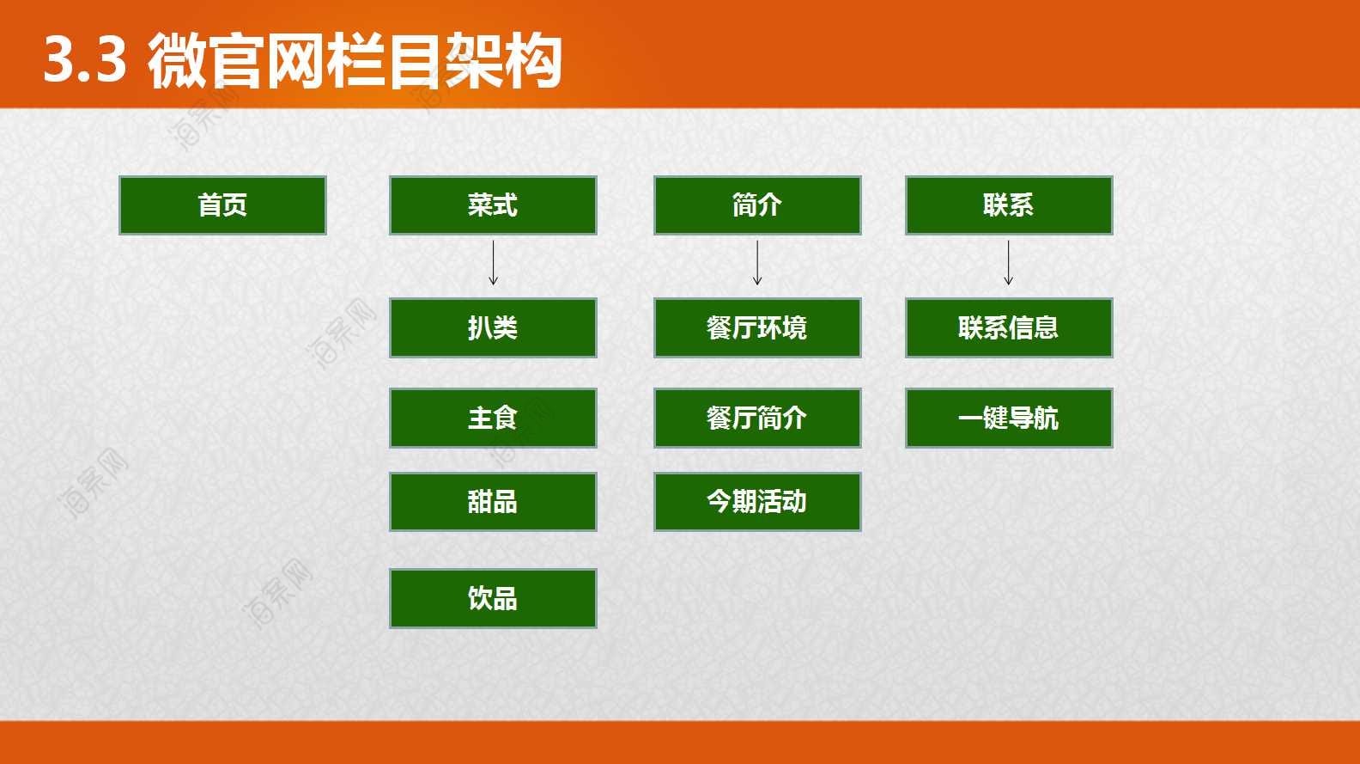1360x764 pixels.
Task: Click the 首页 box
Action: click(x=223, y=205)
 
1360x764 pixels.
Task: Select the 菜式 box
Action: click(x=493, y=205)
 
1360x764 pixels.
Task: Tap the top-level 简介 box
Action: click(x=757, y=205)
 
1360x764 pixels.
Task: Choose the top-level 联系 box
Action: click(x=1009, y=205)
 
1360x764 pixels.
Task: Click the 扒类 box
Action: click(x=493, y=327)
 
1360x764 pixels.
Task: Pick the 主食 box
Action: click(x=493, y=419)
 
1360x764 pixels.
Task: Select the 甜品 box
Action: click(x=493, y=502)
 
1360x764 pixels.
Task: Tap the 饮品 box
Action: click(x=493, y=598)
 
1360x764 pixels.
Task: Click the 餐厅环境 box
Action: click(x=757, y=327)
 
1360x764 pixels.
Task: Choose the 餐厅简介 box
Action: click(x=757, y=419)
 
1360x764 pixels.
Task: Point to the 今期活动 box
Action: click(x=757, y=502)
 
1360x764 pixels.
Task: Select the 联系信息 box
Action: click(x=1009, y=327)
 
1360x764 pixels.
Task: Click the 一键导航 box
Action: click(x=1009, y=419)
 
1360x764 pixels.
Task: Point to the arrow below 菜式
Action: click(x=493, y=263)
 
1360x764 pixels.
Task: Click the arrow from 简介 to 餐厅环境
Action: click(x=757, y=263)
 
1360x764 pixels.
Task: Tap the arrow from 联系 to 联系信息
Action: click(x=1009, y=263)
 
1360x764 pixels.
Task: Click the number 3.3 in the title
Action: click(x=85, y=59)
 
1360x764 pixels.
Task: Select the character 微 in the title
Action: click(x=177, y=60)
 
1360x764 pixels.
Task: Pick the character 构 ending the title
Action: click(x=532, y=60)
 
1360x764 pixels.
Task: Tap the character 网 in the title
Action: click(x=295, y=60)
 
